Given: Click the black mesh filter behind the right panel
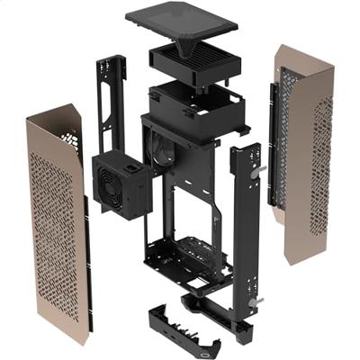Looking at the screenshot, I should tap(286, 126).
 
